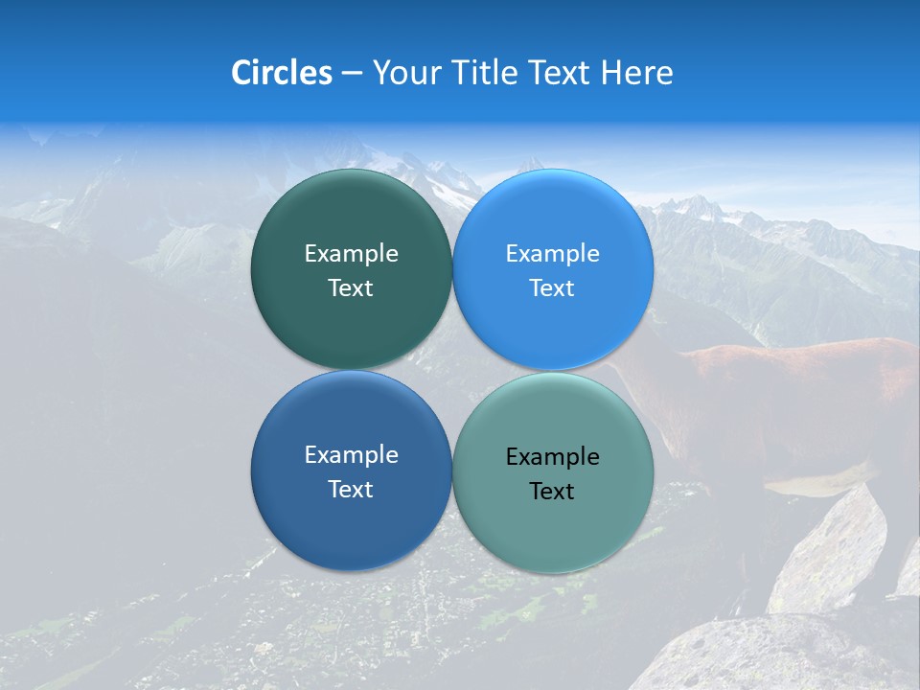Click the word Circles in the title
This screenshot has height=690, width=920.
pyautogui.click(x=282, y=73)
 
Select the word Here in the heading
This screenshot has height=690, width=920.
pyautogui.click(x=636, y=73)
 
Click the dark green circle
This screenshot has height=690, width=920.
pyautogui.click(x=351, y=220)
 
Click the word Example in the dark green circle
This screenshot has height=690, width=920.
pyautogui.click(x=351, y=254)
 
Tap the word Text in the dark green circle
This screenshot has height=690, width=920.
pyautogui.click(x=351, y=288)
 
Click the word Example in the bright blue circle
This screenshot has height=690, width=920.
pyautogui.click(x=553, y=254)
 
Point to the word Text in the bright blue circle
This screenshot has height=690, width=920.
pyautogui.click(x=553, y=288)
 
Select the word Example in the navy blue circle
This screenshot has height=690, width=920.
pyautogui.click(x=351, y=455)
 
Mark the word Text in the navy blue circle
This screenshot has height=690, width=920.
pyautogui.click(x=351, y=490)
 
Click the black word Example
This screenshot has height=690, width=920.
pyautogui.click(x=553, y=457)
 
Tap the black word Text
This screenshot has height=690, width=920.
pyautogui.click(x=553, y=492)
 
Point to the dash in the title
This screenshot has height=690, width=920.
pyautogui.click(x=352, y=73)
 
